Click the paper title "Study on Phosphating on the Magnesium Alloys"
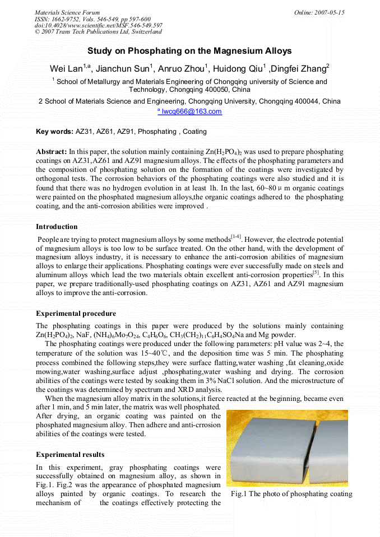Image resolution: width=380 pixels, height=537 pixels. (189, 51)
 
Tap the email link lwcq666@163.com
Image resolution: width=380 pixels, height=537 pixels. (192, 111)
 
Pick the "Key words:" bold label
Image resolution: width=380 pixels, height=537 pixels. (54, 132)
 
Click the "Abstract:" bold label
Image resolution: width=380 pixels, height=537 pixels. (51, 152)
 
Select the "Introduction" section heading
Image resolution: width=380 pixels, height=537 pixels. (57, 227)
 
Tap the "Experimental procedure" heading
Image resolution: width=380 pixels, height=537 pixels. (76, 314)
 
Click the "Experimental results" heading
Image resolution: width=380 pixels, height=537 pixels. (70, 454)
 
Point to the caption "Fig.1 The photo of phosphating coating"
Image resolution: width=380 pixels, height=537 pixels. (291, 494)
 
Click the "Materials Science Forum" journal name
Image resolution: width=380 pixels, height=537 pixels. (67, 12)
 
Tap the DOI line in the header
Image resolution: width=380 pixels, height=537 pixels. (98, 25)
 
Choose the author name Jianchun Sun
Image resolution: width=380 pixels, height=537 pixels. (122, 69)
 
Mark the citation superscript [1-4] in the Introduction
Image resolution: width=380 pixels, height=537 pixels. (235, 237)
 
